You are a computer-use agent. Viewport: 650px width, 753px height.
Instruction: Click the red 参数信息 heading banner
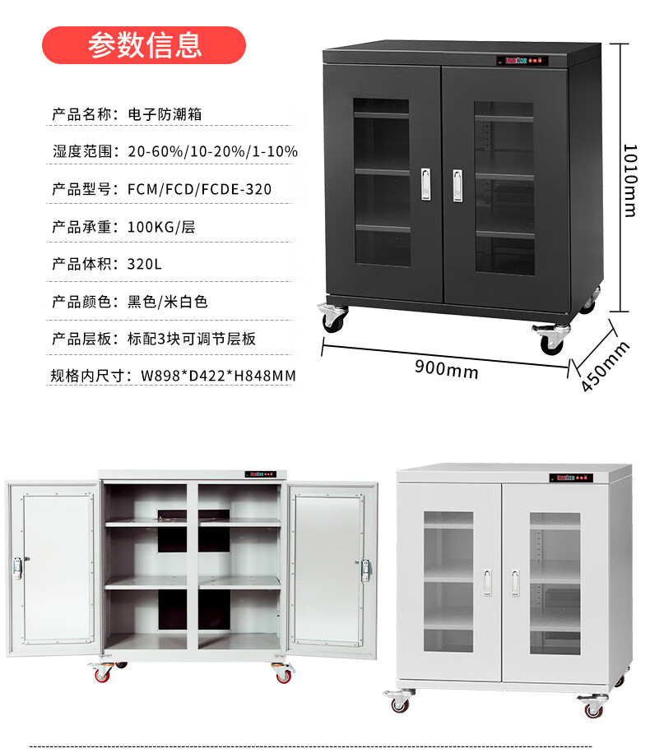tap(144, 44)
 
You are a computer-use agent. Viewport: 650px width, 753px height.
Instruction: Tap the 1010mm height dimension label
tap(629, 180)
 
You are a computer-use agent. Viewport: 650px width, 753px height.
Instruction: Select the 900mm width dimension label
tap(446, 370)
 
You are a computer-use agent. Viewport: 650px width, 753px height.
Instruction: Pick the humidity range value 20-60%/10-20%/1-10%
tap(212, 151)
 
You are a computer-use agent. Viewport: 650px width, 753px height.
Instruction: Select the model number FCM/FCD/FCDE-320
tap(199, 189)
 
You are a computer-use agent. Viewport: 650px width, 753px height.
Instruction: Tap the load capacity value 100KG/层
tap(161, 226)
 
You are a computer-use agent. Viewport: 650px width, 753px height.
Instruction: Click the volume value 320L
tap(146, 264)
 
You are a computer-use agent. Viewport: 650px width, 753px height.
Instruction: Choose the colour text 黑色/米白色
tap(168, 302)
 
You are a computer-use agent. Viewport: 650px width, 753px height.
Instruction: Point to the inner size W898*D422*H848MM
tap(218, 376)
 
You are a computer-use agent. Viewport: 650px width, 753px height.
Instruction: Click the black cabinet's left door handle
tap(425, 184)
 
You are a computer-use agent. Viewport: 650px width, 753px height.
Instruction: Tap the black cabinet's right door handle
tap(458, 184)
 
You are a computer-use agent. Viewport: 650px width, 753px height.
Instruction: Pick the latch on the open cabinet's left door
tap(17, 567)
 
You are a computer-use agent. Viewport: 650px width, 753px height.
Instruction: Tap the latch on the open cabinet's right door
tap(365, 569)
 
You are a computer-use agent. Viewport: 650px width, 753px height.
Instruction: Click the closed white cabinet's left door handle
tap(488, 582)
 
